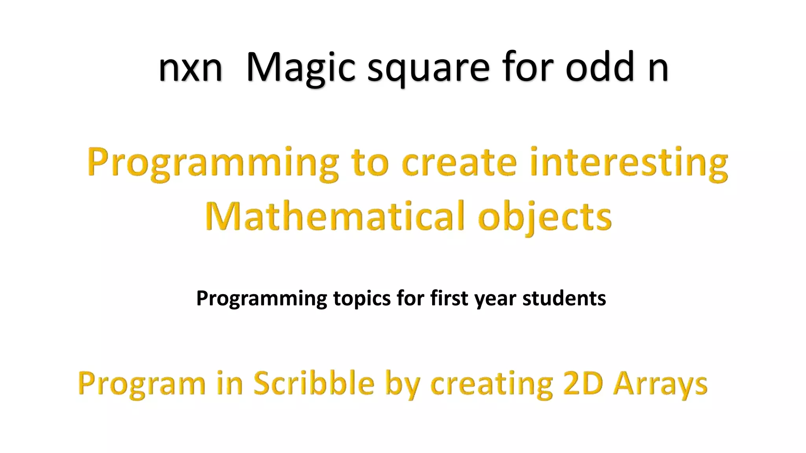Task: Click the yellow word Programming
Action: coord(213,163)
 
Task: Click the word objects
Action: coord(545,217)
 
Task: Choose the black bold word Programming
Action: coord(261,298)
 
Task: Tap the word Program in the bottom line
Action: coord(142,384)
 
